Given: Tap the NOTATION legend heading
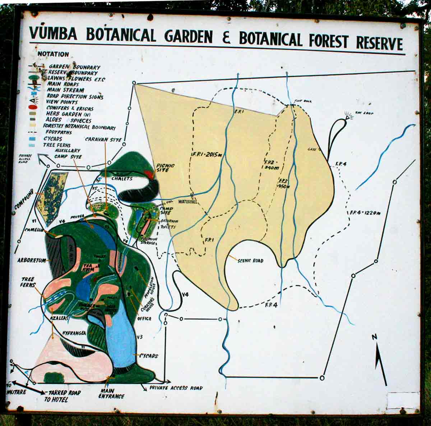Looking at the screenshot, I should pyautogui.click(x=53, y=54).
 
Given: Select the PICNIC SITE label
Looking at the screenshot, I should pyautogui.click(x=165, y=168).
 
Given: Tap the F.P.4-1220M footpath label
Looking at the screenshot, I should pyautogui.click(x=365, y=213).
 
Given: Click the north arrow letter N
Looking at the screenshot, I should pyautogui.click(x=374, y=337).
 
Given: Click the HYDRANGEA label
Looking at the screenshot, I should pyautogui.click(x=74, y=333).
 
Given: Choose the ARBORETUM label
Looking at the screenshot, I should pyautogui.click(x=32, y=260).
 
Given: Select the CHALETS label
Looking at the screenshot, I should pyautogui.click(x=122, y=179).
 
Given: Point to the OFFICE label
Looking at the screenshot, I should pyautogui.click(x=144, y=319).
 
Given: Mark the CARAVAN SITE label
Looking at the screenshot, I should pyautogui.click(x=103, y=139).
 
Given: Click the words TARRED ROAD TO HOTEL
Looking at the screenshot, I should pyautogui.click(x=62, y=396).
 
